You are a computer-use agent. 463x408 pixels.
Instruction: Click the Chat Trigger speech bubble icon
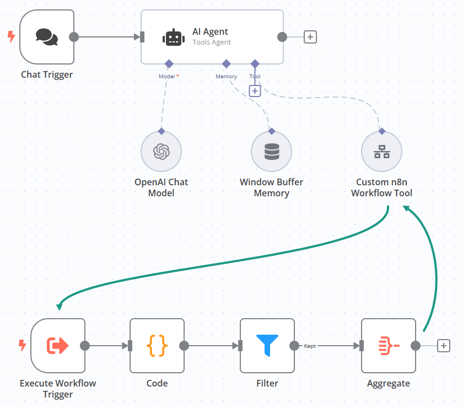tap(46, 37)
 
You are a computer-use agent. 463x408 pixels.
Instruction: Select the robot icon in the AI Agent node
tap(173, 37)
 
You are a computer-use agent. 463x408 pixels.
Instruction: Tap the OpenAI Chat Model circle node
tap(161, 152)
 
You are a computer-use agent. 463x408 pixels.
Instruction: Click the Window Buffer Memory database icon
tap(272, 152)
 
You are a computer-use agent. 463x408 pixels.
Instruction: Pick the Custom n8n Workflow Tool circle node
tap(381, 152)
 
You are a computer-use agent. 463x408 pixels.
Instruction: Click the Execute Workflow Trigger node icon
tap(58, 346)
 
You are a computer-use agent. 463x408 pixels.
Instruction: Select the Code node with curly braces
tap(157, 346)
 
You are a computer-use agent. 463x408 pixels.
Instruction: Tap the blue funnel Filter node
tap(267, 346)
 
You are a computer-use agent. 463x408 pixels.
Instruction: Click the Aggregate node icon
tap(389, 346)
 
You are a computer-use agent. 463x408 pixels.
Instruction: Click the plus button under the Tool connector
tap(255, 91)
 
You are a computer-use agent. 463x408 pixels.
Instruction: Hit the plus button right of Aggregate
tap(444, 346)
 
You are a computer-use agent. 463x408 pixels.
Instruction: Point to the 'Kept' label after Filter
tap(310, 346)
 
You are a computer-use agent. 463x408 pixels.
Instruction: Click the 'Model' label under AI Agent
tap(166, 77)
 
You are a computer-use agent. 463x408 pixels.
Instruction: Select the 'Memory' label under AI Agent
tap(226, 77)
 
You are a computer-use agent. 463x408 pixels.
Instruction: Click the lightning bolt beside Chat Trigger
tap(11, 37)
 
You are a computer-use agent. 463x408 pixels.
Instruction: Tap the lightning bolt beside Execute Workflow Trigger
tap(22, 345)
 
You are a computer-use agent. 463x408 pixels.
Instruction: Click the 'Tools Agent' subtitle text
tap(212, 42)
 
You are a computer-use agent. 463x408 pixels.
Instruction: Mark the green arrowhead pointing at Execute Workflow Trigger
tap(60, 306)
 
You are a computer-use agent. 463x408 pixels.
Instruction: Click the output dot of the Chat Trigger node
tap(74, 37)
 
